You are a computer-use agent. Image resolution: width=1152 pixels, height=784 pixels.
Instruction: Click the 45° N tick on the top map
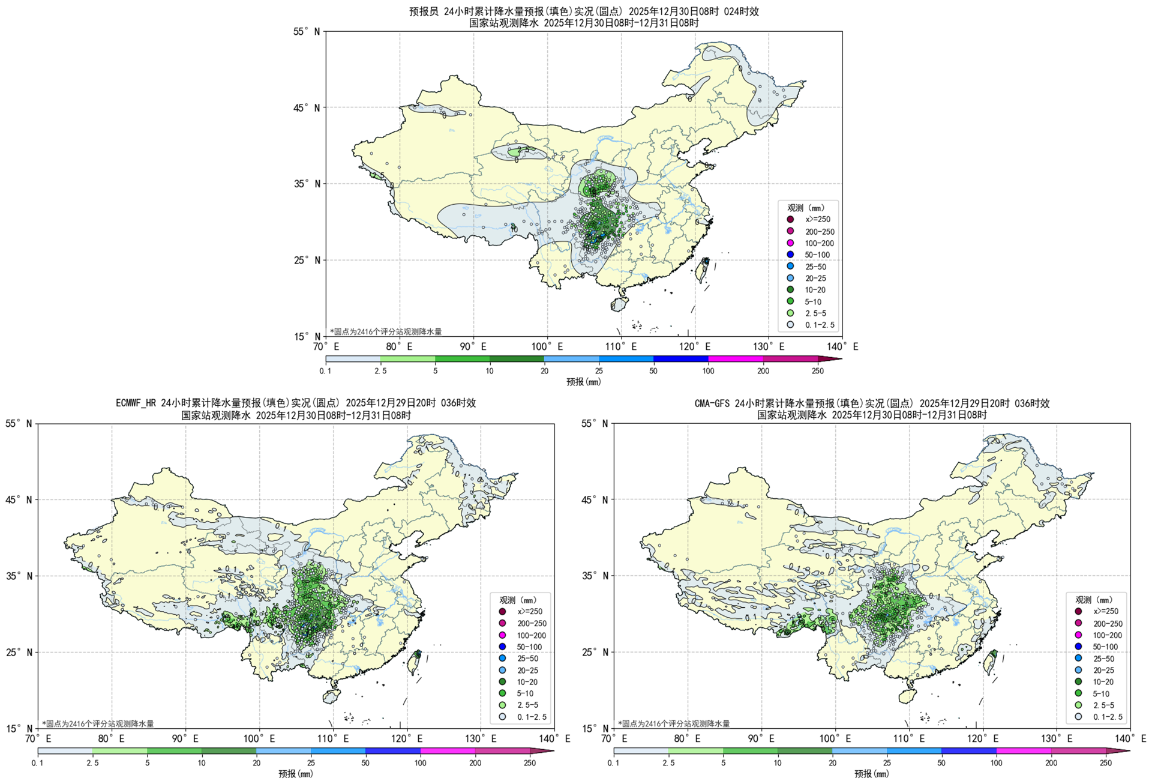pyautogui.click(x=308, y=108)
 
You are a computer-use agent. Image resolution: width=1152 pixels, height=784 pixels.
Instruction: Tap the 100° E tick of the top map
pyautogui.click(x=547, y=347)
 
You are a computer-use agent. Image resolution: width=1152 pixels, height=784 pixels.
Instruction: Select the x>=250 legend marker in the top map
pyautogui.click(x=790, y=220)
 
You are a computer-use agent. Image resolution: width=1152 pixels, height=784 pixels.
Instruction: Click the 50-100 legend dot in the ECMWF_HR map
pyautogui.click(x=502, y=647)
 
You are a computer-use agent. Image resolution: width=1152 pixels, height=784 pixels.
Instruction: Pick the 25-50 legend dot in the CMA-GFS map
pyautogui.click(x=1078, y=659)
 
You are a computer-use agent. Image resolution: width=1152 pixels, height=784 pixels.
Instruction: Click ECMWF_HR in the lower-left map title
pyautogui.click(x=136, y=403)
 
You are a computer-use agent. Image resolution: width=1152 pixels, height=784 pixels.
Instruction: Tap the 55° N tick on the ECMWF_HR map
pyautogui.click(x=20, y=424)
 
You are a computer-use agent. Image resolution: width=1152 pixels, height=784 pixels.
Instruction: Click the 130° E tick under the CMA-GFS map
pyautogui.click(x=1057, y=739)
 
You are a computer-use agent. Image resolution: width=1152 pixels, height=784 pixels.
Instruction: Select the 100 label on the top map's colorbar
pyautogui.click(x=708, y=371)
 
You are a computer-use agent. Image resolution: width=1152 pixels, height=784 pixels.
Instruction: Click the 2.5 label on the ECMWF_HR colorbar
pyautogui.click(x=92, y=763)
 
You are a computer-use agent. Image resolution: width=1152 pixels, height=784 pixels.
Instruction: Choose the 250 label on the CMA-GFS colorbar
pyautogui.click(x=1106, y=763)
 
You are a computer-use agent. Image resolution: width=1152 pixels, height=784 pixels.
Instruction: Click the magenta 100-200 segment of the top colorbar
pyautogui.click(x=736, y=359)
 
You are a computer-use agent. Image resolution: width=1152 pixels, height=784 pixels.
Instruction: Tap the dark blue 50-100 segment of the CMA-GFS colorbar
pyautogui.click(x=969, y=751)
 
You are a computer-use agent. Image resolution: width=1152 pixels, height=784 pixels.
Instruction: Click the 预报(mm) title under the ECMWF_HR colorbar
pyautogui.click(x=295, y=774)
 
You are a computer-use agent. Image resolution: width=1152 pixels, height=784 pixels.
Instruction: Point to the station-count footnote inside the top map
pyautogui.click(x=386, y=331)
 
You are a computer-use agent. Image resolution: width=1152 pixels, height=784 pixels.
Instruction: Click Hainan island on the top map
pyautogui.click(x=619, y=304)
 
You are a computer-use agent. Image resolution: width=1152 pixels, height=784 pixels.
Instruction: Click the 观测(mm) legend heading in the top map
pyautogui.click(x=806, y=208)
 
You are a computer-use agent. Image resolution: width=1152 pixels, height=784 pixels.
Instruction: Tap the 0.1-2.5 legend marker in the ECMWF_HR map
pyautogui.click(x=502, y=717)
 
